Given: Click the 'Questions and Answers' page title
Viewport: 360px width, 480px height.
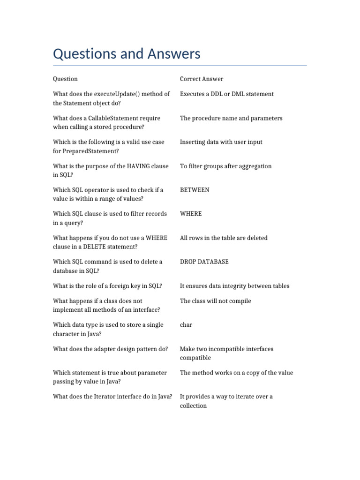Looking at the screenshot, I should [x=127, y=54].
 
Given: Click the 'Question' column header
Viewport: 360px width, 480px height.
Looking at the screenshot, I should [x=65, y=79].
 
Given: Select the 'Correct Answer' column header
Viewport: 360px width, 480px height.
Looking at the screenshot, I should [x=202, y=79].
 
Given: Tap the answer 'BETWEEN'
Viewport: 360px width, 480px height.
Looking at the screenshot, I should [x=195, y=190].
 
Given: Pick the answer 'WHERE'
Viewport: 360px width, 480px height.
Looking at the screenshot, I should [x=191, y=214].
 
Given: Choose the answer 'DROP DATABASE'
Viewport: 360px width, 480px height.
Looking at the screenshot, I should [x=204, y=262].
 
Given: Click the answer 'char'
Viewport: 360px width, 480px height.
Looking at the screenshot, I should [x=186, y=324].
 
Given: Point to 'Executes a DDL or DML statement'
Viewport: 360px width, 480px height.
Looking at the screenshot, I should [x=227, y=94].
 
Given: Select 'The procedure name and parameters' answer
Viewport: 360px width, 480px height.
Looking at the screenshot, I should [x=231, y=118].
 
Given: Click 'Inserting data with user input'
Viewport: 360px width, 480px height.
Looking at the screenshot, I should [x=221, y=142].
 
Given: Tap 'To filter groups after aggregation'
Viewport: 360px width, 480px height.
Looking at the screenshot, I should [x=225, y=166].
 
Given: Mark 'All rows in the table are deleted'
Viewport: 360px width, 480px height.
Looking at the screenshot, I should [x=224, y=238].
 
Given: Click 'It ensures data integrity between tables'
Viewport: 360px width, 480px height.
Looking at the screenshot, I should [x=234, y=286].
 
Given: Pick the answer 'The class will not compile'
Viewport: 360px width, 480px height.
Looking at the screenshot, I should [x=215, y=301].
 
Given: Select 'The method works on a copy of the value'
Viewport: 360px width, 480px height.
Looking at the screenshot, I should [x=236, y=373].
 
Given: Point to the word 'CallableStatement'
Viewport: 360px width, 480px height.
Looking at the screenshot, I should [x=108, y=118].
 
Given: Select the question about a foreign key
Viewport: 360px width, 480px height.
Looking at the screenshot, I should [x=107, y=286].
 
